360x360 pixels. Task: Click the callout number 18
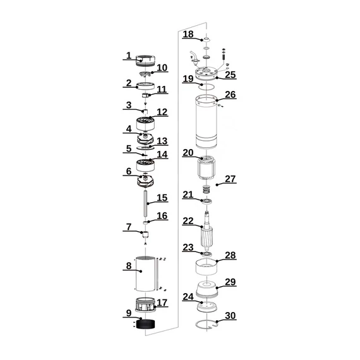(x=188, y=34)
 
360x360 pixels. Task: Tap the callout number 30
(x=230, y=316)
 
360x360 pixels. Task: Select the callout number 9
(x=129, y=313)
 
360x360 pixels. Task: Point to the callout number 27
(x=231, y=179)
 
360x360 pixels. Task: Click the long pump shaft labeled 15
(x=145, y=203)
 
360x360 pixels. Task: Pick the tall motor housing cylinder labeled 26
(x=206, y=122)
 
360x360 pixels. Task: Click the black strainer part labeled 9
(x=145, y=324)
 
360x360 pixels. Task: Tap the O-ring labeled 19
(x=206, y=87)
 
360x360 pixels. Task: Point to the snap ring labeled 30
(x=206, y=324)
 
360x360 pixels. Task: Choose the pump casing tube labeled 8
(x=145, y=273)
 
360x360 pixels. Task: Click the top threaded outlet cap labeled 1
(x=145, y=61)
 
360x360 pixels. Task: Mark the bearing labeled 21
(x=206, y=201)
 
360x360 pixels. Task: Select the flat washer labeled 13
(x=145, y=147)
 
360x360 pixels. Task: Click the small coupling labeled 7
(x=145, y=235)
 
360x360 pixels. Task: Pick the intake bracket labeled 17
(x=145, y=304)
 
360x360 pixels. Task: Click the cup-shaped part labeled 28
(x=206, y=267)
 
